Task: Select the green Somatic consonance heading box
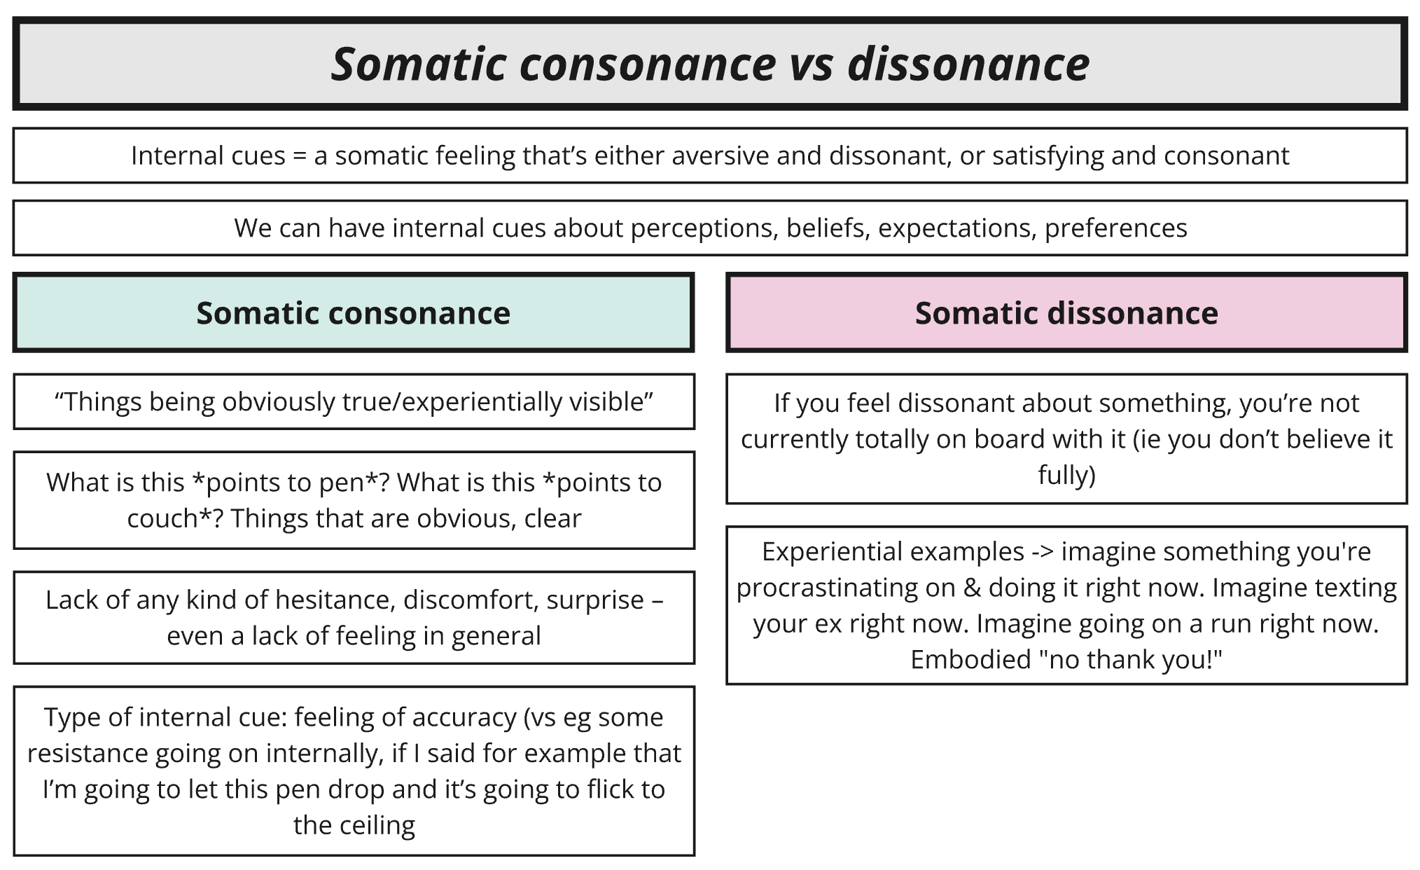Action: pos(354,312)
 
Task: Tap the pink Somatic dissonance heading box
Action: pos(1066,312)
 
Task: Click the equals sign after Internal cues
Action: pos(300,156)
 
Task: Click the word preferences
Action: pos(1115,229)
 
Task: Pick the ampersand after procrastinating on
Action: pos(972,588)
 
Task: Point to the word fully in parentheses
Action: pos(1066,476)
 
